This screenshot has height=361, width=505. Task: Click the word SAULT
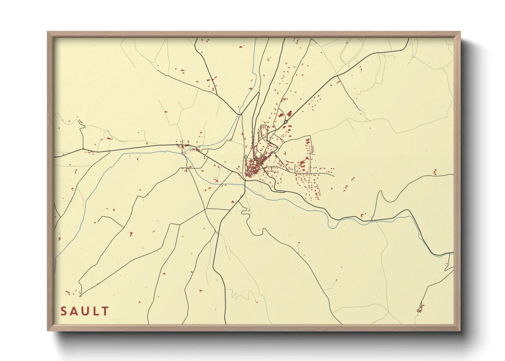(x=85, y=311)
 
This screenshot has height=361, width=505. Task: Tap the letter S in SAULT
(x=64, y=311)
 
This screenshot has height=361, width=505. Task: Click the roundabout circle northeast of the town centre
(x=286, y=121)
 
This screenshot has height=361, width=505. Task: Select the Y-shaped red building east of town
(x=308, y=141)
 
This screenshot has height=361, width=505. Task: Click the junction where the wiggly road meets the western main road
(x=83, y=149)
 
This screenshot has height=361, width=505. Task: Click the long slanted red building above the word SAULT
(x=68, y=292)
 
